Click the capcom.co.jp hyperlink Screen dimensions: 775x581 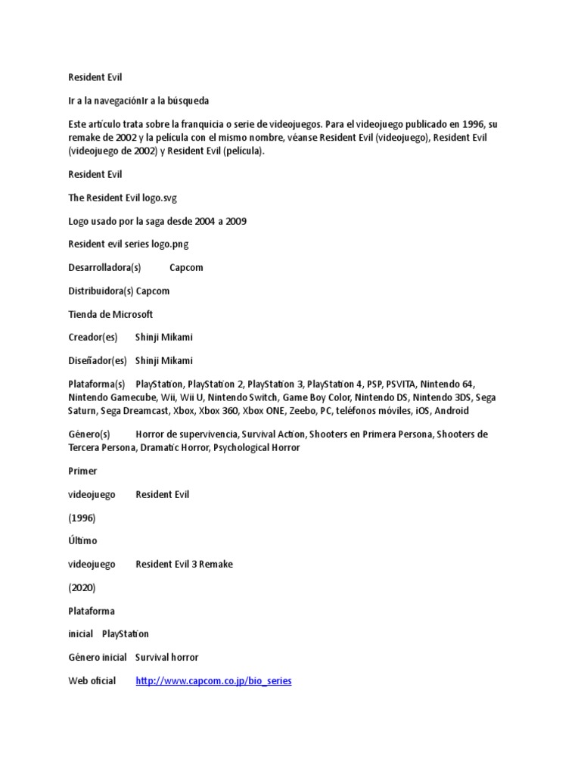pos(213,681)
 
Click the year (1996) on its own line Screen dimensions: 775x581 pos(81,518)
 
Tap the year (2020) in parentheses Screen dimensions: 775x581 pos(82,587)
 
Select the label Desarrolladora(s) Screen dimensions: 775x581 pos(104,268)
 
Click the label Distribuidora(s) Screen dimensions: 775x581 pos(101,291)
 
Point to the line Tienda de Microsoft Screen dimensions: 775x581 pos(110,314)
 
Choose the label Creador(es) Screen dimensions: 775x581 pos(93,338)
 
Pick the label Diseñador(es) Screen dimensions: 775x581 pos(98,361)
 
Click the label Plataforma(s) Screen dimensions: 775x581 pos(96,384)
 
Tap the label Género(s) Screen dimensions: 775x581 pos(89,434)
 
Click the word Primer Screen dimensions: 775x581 pos(82,471)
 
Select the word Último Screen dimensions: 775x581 pos(82,541)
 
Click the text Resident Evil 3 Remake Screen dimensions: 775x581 pos(184,565)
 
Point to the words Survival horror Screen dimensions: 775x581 pos(166,658)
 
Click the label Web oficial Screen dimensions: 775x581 pos(92,681)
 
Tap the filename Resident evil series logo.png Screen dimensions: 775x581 pos(128,244)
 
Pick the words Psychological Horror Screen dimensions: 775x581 pos(256,448)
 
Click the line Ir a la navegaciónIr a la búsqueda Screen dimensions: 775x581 pos(138,101)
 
